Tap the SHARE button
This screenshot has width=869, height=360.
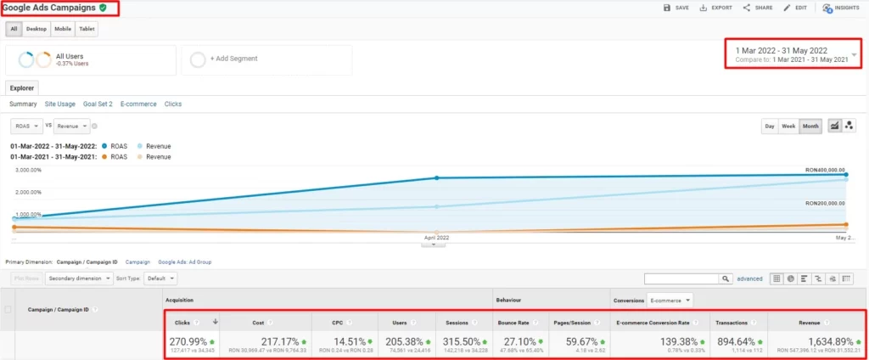pos(757,8)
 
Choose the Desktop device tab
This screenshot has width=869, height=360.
pos(36,29)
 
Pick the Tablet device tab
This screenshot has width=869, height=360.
pos(87,29)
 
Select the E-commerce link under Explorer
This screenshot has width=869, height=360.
pos(138,104)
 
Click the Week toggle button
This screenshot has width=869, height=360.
pos(787,127)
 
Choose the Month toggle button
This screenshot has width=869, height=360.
pos(810,127)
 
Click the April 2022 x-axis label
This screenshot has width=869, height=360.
pos(436,238)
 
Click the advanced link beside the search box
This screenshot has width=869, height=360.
pos(749,278)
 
